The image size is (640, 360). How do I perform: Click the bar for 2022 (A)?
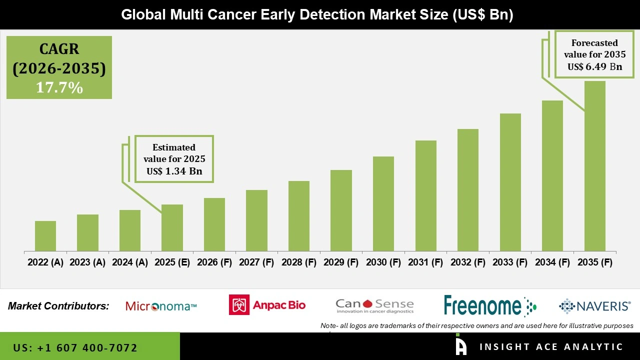(45, 236)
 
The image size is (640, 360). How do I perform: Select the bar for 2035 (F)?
(594, 166)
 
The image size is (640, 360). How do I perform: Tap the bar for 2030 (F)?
(383, 203)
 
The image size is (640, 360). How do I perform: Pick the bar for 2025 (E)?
(172, 227)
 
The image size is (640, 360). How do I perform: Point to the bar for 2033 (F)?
(510, 182)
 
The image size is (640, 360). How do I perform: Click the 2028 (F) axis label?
(299, 262)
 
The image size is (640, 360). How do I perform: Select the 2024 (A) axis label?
(130, 262)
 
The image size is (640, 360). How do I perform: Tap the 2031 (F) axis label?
(425, 262)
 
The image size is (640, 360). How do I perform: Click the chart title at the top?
(317, 14)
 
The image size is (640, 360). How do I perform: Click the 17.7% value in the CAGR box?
(59, 87)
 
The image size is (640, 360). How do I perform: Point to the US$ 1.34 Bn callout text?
(174, 171)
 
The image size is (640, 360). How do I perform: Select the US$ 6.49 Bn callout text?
(594, 66)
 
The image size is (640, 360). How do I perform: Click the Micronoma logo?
(161, 306)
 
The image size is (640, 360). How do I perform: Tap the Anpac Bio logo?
(267, 304)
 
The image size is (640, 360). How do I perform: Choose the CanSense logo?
(374, 305)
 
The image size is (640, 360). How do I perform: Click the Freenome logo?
(489, 305)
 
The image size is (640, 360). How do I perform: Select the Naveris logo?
(594, 305)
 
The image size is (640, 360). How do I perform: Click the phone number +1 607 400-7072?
(75, 347)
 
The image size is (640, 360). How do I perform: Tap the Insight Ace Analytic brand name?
(551, 347)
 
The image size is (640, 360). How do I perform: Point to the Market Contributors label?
(58, 306)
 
